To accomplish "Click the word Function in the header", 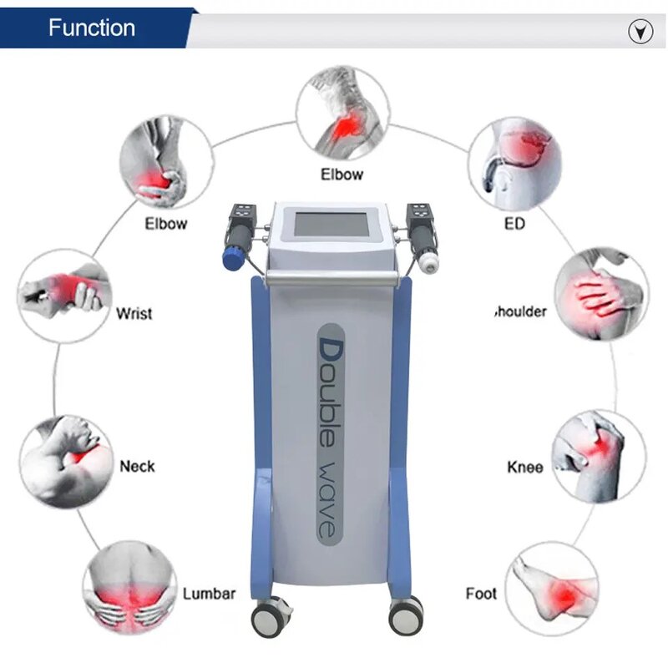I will click(x=91, y=28).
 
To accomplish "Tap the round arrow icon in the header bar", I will click(x=640, y=32).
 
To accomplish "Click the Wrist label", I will click(x=134, y=314).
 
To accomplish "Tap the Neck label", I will click(x=137, y=465).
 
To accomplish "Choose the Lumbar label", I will click(x=209, y=594).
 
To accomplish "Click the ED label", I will click(x=514, y=224).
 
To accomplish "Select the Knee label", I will click(x=525, y=467).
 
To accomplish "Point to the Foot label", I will click(x=481, y=594).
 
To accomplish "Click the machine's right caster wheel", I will click(x=405, y=617).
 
